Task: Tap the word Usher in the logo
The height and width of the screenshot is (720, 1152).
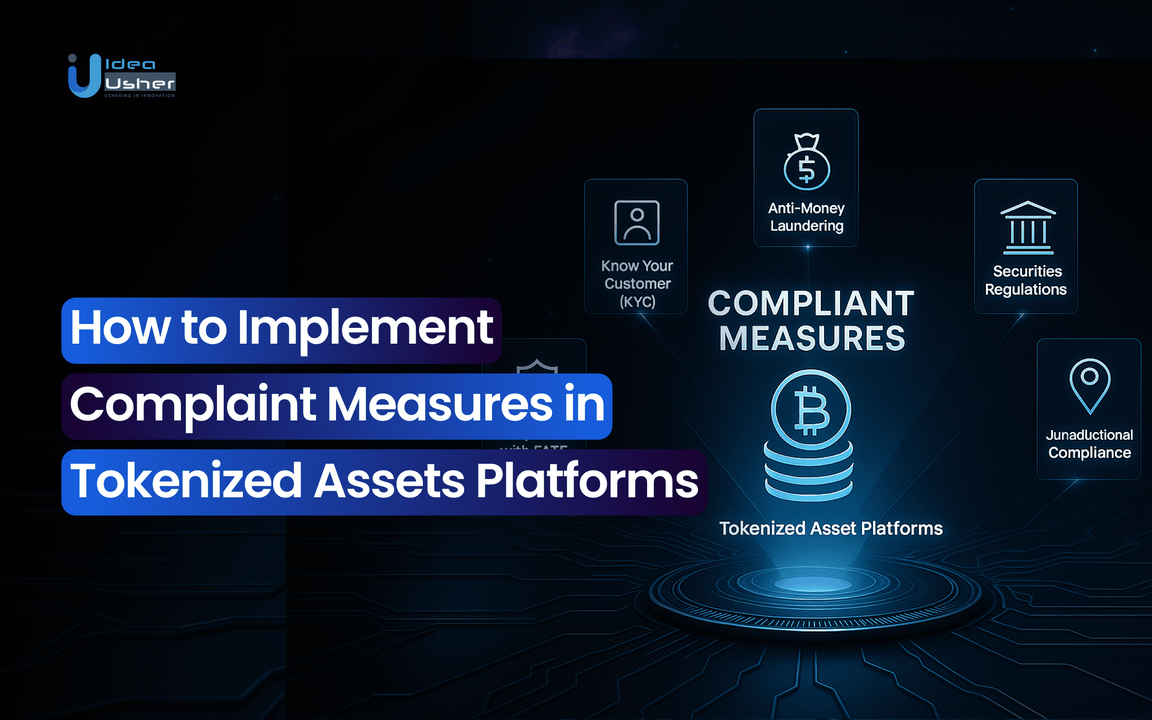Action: click(x=140, y=84)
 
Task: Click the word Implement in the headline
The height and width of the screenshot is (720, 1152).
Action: click(x=365, y=328)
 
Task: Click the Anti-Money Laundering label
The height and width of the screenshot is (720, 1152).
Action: click(x=806, y=217)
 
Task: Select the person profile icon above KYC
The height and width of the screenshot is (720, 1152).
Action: click(x=636, y=223)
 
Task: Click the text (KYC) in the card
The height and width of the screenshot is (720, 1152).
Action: click(x=637, y=302)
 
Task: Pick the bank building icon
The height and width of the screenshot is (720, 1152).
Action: click(x=1028, y=228)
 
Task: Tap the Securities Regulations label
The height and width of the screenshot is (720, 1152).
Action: click(x=1026, y=280)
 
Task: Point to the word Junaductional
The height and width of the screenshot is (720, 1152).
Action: click(x=1089, y=435)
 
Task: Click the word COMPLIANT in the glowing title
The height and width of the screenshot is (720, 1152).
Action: click(x=811, y=303)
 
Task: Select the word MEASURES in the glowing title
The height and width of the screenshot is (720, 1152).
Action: click(x=812, y=338)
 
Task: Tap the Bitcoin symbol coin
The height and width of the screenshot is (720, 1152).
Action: click(x=811, y=409)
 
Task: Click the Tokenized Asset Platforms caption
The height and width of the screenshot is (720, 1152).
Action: click(x=831, y=528)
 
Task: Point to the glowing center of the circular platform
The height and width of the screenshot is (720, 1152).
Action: click(x=813, y=584)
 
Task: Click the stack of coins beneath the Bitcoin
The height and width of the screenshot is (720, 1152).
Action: click(x=809, y=473)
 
